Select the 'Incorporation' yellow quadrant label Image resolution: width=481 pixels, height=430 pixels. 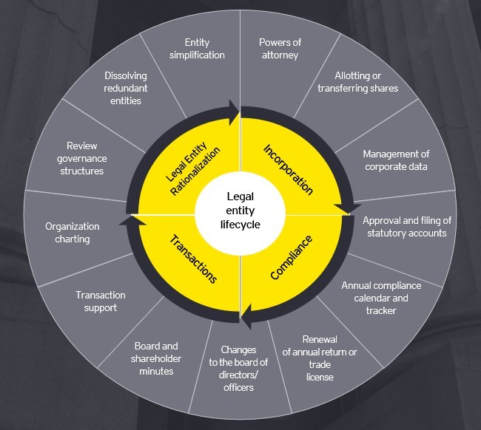[x=289, y=170]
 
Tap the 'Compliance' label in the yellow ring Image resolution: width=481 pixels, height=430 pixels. [x=291, y=258]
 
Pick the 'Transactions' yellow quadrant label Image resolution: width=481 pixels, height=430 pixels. [x=193, y=259]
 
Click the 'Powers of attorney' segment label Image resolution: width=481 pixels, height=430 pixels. [x=280, y=49]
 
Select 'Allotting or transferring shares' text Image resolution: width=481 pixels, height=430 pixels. [x=357, y=82]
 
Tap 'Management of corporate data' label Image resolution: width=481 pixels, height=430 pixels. [x=396, y=160]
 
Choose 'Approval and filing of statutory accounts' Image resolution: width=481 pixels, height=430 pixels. [x=407, y=227]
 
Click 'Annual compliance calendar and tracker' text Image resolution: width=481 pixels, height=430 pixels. [x=381, y=298]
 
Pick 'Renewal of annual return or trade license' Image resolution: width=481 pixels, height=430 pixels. [x=320, y=358]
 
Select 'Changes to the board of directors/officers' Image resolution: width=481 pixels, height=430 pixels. [x=238, y=369]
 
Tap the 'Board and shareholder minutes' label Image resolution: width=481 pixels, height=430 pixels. [x=156, y=358]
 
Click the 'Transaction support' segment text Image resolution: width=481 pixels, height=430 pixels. [x=101, y=301]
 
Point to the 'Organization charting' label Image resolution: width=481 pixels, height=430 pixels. [x=73, y=233]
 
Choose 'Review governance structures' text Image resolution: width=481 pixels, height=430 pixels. [x=82, y=158]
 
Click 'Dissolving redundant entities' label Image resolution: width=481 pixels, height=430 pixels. [x=126, y=88]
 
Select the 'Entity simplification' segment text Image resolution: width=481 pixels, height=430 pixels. [x=197, y=49]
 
